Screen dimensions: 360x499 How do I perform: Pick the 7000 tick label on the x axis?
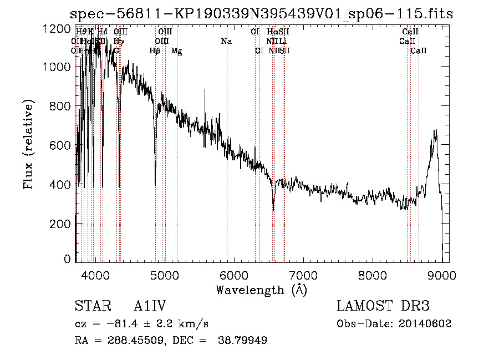tap(303, 275)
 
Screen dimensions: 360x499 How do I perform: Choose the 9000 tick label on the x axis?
tap(442, 275)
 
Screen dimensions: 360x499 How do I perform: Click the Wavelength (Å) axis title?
tap(261, 290)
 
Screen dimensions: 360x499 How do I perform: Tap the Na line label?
tap(226, 41)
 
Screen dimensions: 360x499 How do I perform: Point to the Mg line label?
tap(177, 51)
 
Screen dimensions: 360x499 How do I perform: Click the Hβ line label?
tap(155, 51)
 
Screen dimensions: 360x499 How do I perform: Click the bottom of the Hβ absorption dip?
tap(155, 184)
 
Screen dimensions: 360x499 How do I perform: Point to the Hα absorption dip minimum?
tap(273, 210)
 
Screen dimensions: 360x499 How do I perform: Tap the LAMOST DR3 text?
tap(383, 306)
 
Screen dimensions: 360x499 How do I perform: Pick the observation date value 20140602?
tap(424, 323)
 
